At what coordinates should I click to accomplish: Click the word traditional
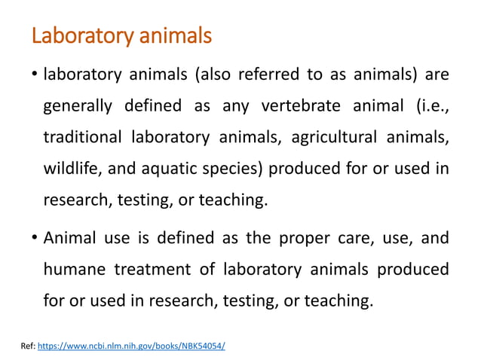[x=82, y=138]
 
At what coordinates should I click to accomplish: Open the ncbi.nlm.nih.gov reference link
[x=131, y=345]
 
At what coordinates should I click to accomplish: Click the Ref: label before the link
[x=26, y=345]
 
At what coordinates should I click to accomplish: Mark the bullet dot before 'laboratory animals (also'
[x=35, y=75]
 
